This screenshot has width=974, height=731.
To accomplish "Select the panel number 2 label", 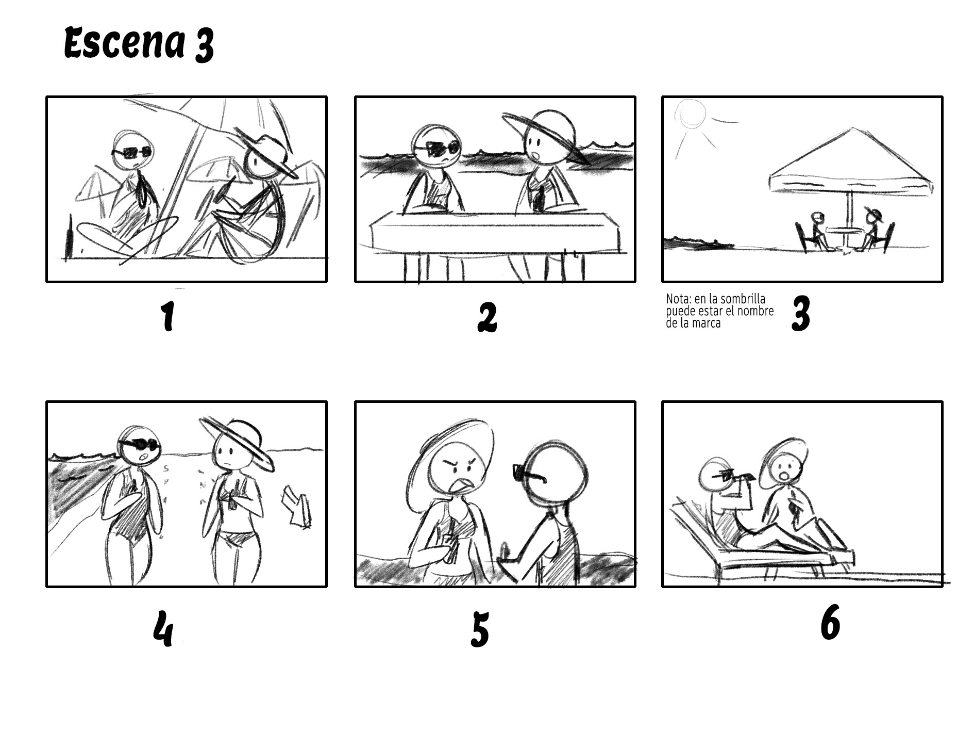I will pos(487,317).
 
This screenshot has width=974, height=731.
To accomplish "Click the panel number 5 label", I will pos(479,629).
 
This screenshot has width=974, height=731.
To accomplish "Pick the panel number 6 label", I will pos(830,623).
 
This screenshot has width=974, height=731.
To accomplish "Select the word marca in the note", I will pos(706,324).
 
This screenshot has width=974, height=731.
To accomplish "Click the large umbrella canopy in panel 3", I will pos(850,165).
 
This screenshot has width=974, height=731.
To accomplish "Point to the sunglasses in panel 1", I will pos(132,152).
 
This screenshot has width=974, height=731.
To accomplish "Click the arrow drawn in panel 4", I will pos(297,510).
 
